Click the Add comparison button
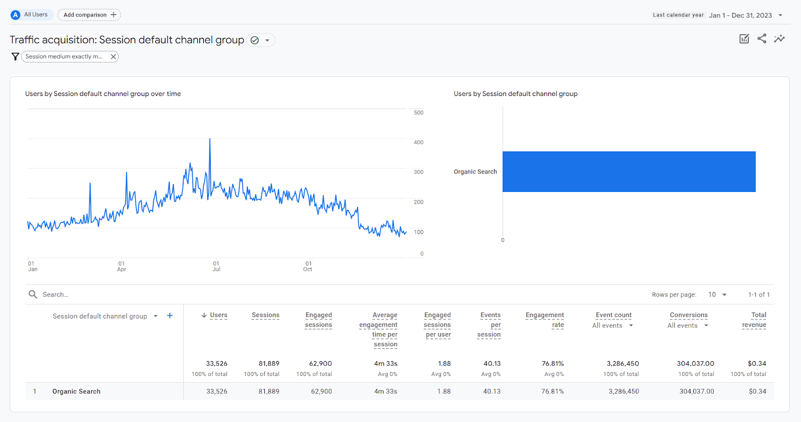[89, 15]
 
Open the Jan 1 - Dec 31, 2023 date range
[740, 15]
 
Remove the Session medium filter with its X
[114, 56]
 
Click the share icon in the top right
[761, 38]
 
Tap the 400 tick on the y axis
[419, 142]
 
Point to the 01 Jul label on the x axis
[216, 266]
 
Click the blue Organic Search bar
[629, 171]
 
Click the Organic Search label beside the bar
[475, 171]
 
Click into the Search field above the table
[100, 294]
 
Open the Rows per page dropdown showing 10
[717, 294]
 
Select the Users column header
[218, 315]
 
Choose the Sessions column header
[265, 315]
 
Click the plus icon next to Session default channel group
[170, 315]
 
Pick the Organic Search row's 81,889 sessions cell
[269, 391]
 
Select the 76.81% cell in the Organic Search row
[552, 391]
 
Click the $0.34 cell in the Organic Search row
[757, 391]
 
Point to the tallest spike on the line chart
[210, 139]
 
